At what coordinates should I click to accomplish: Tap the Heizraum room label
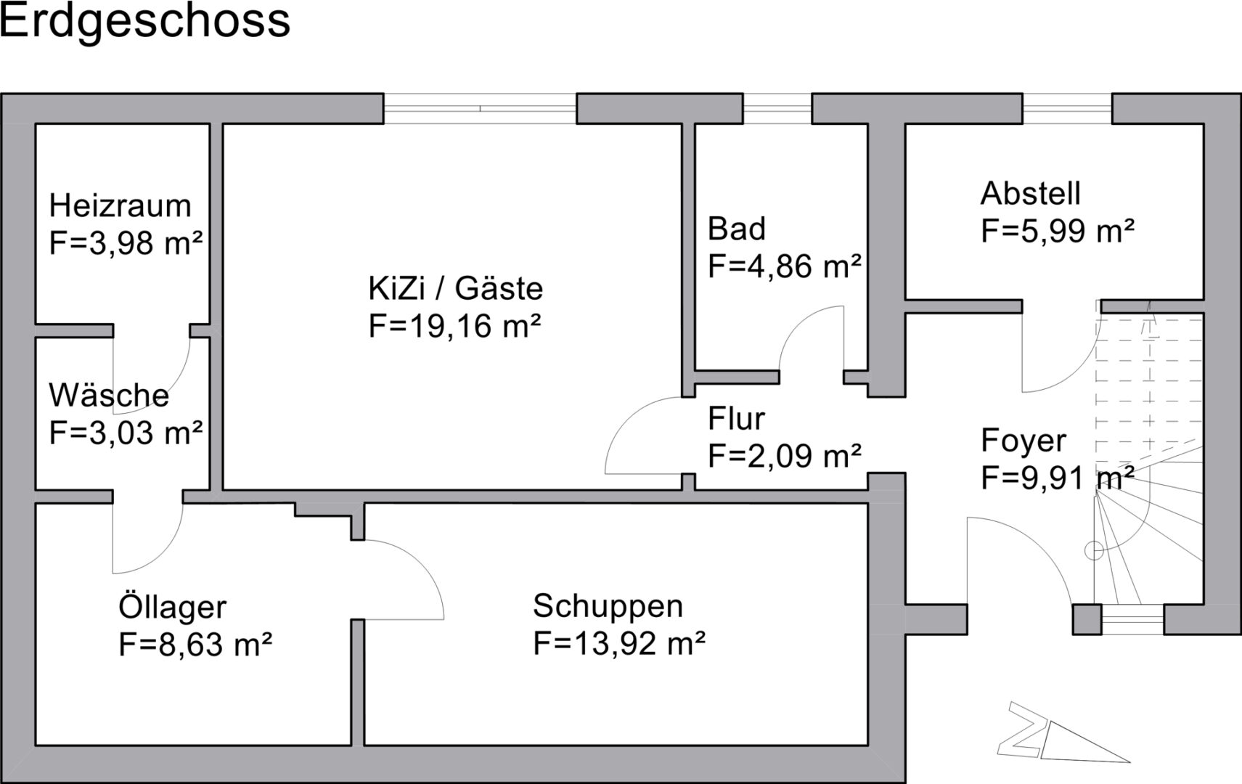120,206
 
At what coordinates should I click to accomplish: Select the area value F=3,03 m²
125,433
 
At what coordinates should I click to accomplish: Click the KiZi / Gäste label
455,289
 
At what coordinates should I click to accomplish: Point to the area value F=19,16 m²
455,326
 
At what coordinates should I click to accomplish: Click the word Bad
736,229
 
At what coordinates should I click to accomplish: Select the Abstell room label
1030,194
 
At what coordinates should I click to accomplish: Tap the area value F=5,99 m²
1057,232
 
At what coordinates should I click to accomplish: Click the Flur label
736,420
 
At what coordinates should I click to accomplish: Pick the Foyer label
1024,441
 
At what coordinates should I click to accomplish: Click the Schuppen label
608,606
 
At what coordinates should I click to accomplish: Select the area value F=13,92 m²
619,644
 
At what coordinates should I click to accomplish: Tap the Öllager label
172,608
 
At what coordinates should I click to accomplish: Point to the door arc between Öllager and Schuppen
421,566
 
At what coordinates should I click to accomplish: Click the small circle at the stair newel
1093,552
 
